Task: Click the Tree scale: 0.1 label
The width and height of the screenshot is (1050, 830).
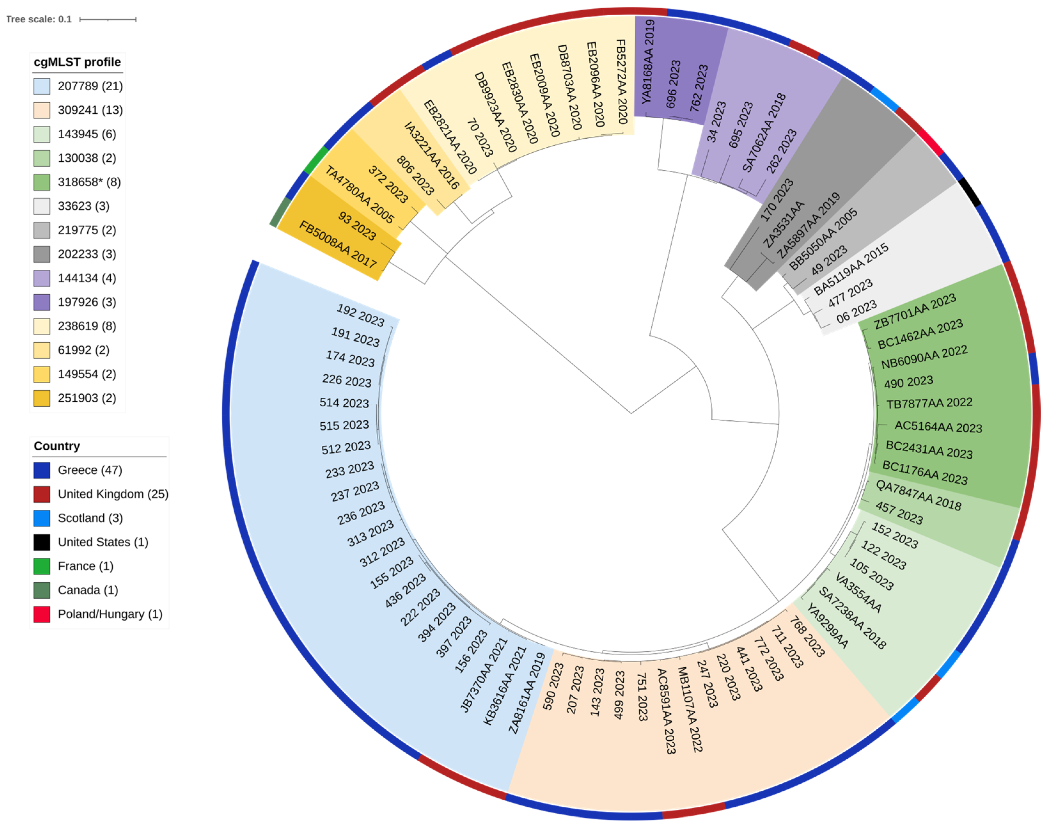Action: (x=39, y=19)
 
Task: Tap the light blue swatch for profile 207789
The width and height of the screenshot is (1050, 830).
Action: (x=42, y=86)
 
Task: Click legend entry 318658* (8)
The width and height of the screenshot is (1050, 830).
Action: (x=89, y=182)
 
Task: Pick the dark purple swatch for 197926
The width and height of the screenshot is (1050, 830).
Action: (x=42, y=302)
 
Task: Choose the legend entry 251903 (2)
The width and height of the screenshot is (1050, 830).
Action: (x=87, y=399)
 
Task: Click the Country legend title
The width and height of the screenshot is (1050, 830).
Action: (x=57, y=446)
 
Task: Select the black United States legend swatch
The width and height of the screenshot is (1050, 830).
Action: (x=42, y=542)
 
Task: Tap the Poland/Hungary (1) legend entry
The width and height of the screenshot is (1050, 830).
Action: (x=110, y=614)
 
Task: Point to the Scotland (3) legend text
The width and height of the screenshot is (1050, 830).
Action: (x=90, y=518)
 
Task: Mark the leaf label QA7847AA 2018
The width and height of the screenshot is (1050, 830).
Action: (x=918, y=495)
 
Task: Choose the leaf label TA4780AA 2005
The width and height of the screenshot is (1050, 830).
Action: (x=359, y=194)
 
